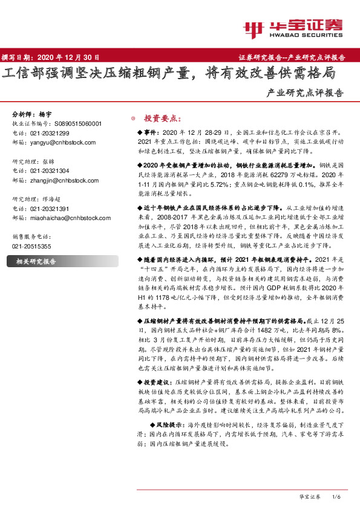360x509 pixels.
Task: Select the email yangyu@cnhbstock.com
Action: pos(58,143)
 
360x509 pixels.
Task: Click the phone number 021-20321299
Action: pos(50,133)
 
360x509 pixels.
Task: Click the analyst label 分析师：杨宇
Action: pos(28,114)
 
